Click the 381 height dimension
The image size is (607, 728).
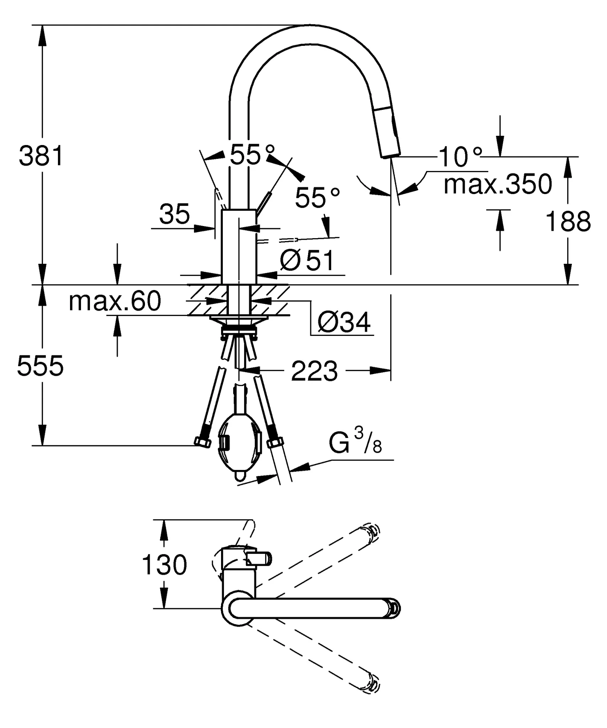(41, 156)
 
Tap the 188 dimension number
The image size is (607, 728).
(568, 221)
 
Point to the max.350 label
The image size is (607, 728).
(498, 184)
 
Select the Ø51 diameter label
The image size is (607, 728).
(307, 261)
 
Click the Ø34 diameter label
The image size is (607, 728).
(344, 322)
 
